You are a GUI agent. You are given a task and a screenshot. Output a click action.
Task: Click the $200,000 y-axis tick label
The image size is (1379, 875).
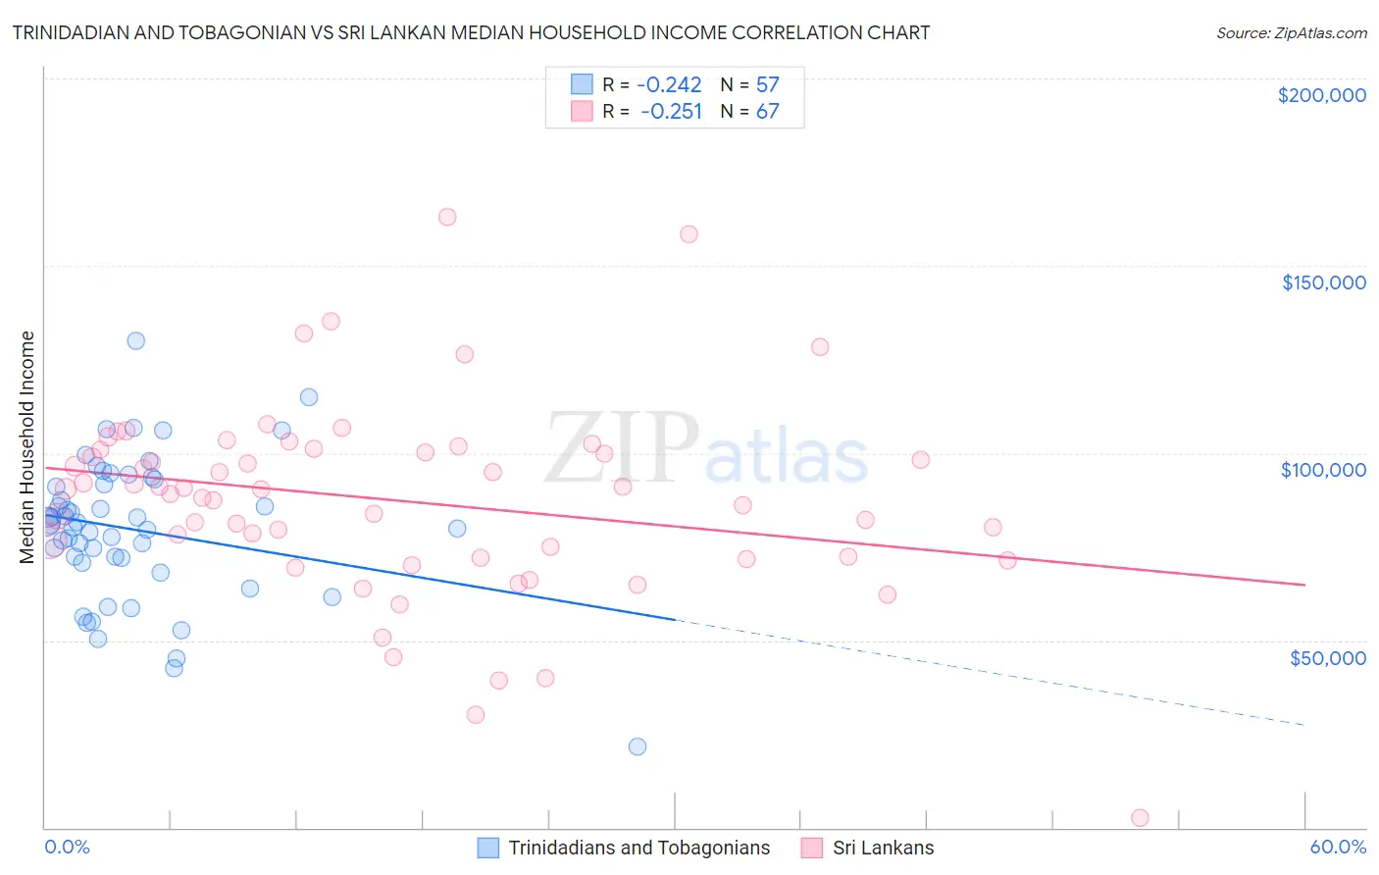(1321, 95)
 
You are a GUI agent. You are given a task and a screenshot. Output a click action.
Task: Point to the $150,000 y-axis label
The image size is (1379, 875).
(1323, 283)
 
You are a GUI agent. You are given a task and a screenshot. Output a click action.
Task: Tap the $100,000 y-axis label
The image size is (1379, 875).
(1323, 470)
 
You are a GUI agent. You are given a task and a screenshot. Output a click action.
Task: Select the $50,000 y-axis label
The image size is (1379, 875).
(1327, 657)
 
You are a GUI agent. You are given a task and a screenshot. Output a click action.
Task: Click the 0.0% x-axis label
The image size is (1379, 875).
(67, 848)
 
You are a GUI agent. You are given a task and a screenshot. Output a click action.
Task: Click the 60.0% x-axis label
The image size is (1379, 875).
(1337, 848)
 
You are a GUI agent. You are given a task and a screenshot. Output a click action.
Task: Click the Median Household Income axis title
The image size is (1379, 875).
(27, 447)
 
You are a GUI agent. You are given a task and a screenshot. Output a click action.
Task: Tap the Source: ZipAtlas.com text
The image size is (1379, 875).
(1291, 32)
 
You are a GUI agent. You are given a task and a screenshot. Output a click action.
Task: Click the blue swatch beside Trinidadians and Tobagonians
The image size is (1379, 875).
(488, 848)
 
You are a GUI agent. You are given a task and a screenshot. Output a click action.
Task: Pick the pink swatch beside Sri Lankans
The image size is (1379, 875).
(812, 848)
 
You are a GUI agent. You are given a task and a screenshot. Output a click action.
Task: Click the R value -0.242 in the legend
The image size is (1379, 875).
(669, 84)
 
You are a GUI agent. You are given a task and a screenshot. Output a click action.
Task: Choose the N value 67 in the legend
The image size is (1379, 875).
(767, 111)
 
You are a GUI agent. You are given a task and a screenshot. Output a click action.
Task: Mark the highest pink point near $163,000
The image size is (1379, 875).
(447, 217)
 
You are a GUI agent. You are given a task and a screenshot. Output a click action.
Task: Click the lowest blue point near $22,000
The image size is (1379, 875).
(638, 746)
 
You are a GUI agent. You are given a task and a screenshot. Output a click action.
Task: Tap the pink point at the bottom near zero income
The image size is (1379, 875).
(1140, 818)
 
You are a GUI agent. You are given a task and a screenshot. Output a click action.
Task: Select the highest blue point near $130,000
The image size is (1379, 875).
(136, 340)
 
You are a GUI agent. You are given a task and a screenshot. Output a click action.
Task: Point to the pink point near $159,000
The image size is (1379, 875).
(689, 233)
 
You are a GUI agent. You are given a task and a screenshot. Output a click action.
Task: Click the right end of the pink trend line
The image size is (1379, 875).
(1304, 585)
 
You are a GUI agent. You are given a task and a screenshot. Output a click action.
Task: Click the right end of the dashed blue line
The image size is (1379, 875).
(1304, 725)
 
